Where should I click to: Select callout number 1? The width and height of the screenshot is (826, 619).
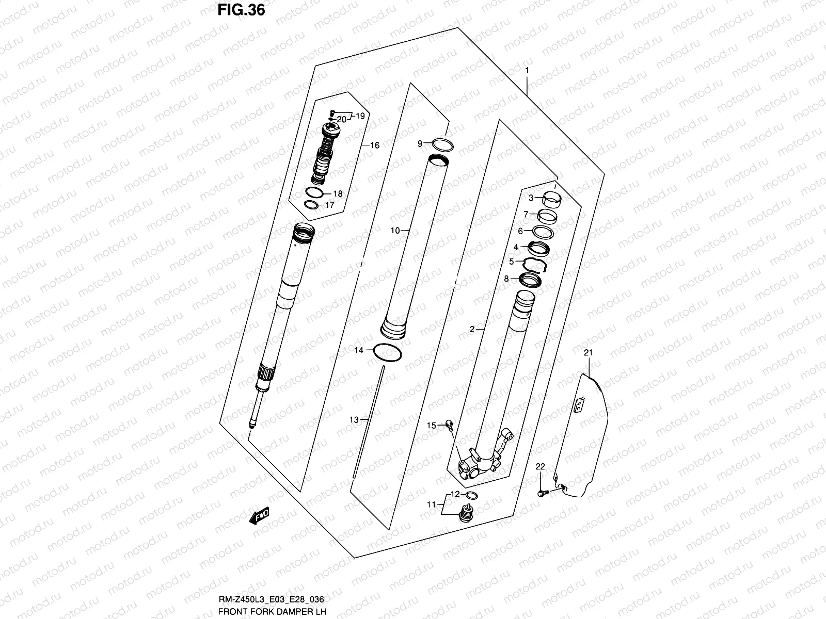click(527, 70)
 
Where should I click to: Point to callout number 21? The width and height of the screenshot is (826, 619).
click(589, 353)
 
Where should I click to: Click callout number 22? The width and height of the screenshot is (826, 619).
click(540, 467)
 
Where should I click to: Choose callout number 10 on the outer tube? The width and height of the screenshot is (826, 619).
click(394, 231)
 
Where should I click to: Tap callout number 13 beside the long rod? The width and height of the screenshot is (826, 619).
click(354, 420)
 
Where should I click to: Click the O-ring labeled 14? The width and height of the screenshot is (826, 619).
click(387, 353)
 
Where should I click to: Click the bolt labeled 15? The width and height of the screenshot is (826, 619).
click(449, 426)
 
